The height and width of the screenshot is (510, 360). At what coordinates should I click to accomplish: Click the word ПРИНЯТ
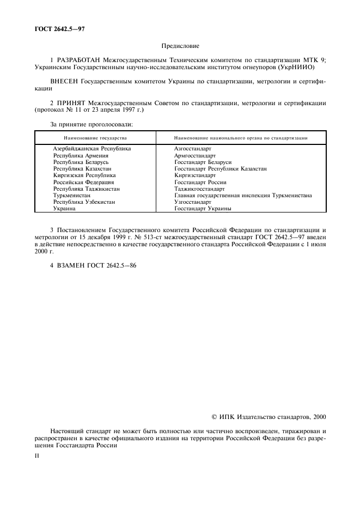point(71,102)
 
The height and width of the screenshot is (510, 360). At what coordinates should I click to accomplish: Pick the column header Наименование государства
point(95,138)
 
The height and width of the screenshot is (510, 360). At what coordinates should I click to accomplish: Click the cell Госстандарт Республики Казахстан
point(220,169)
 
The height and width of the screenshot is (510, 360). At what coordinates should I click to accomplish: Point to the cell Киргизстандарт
point(195,175)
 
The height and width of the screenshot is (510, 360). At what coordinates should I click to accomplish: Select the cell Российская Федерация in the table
point(83,183)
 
